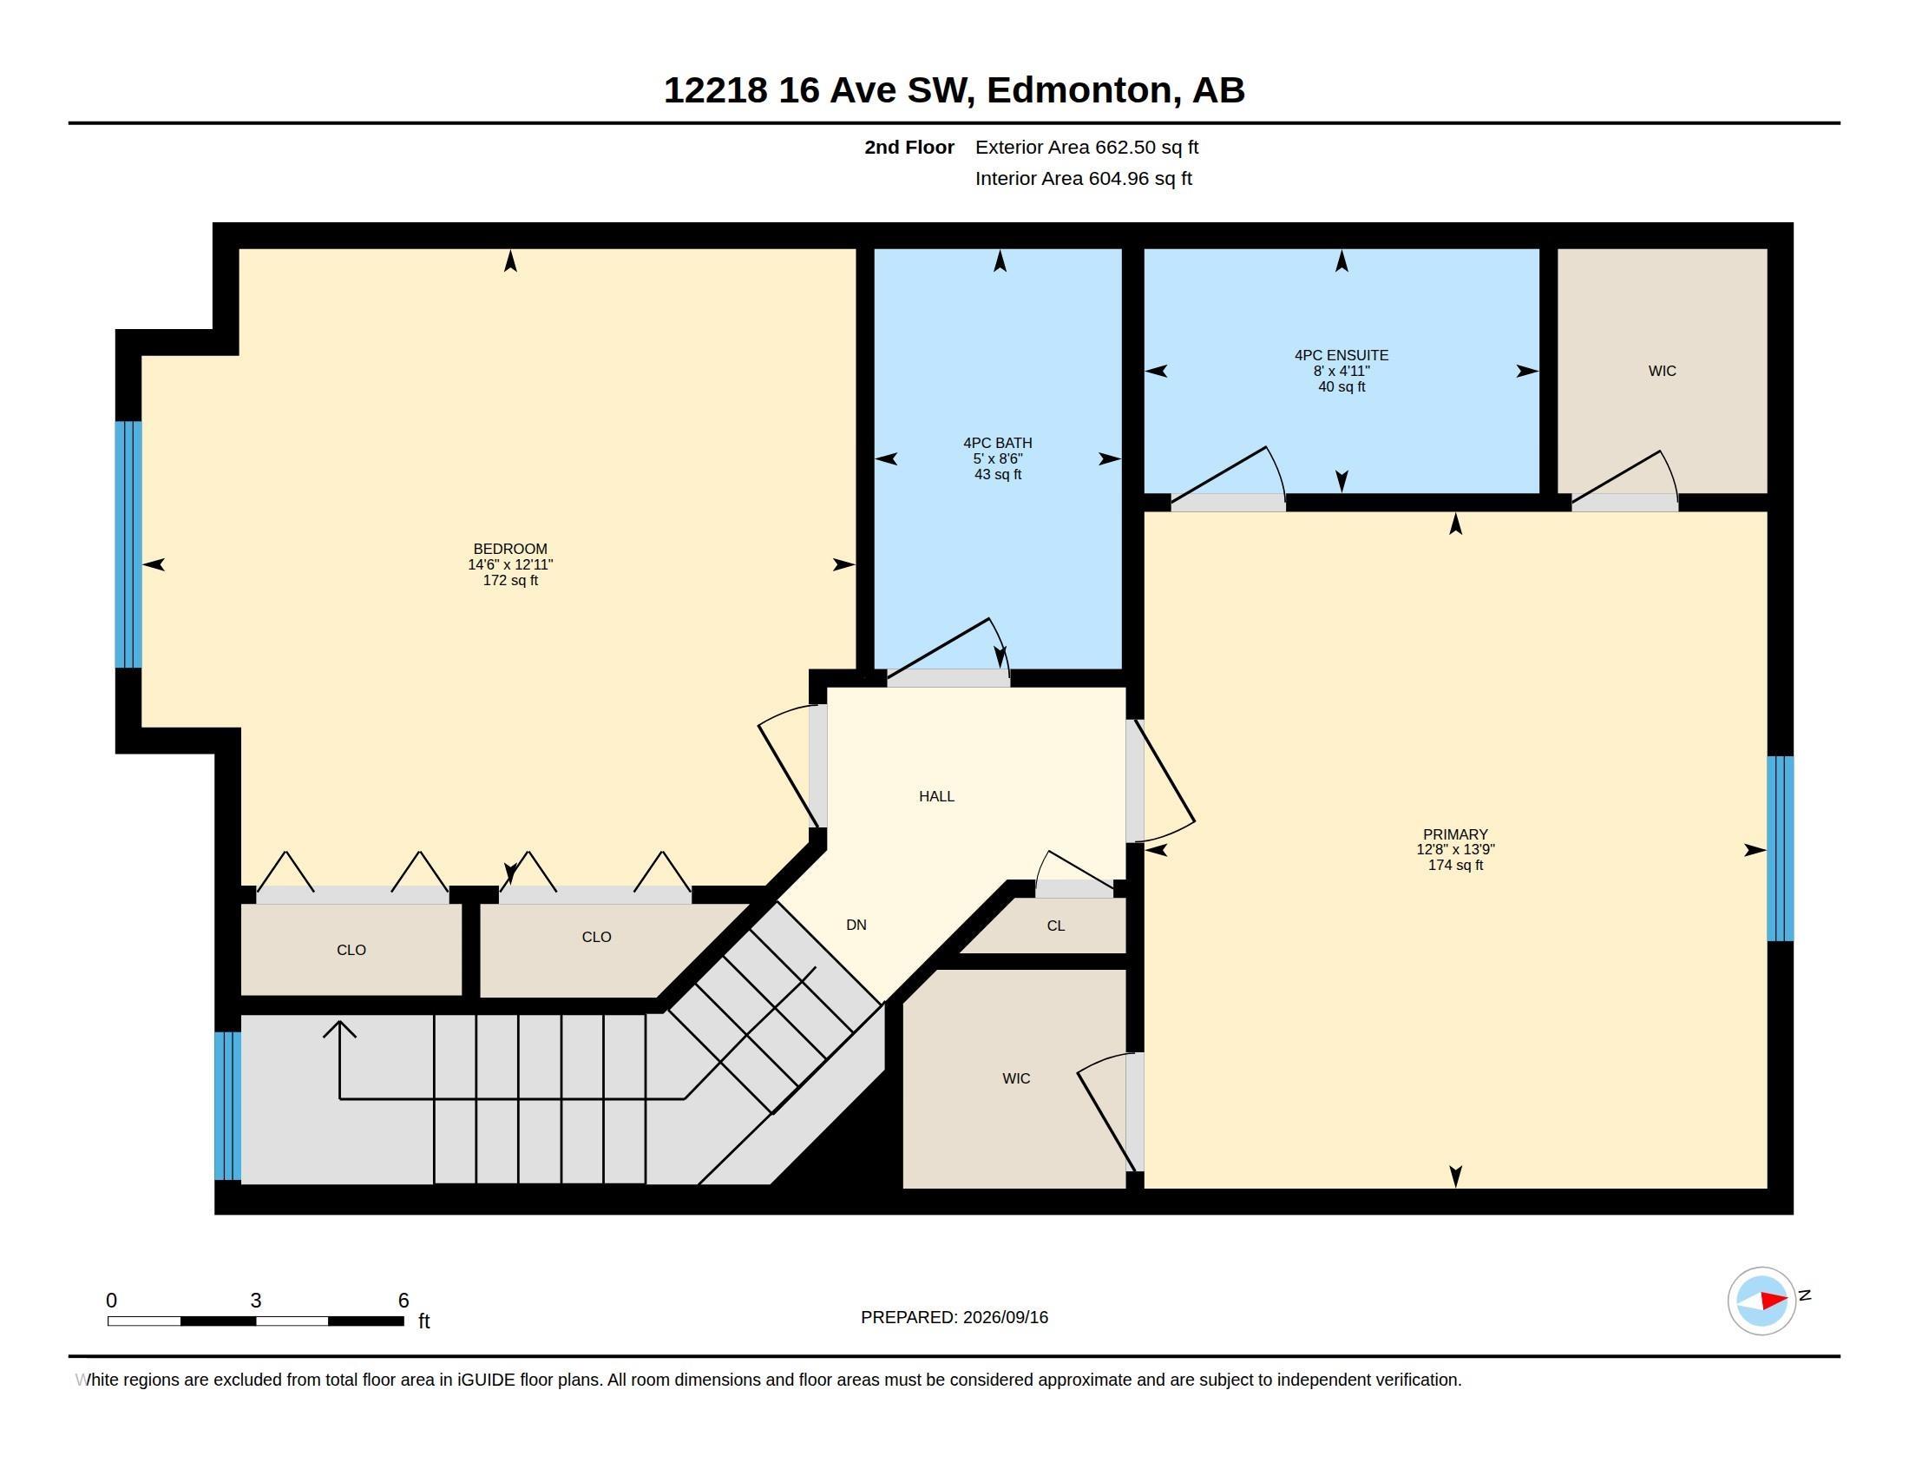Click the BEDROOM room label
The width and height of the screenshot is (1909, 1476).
pyautogui.click(x=510, y=549)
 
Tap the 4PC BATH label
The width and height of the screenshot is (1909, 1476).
pyautogui.click(x=997, y=444)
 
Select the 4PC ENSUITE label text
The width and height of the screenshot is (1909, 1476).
pyautogui.click(x=1341, y=355)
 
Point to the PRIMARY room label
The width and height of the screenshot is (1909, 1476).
pyautogui.click(x=1455, y=834)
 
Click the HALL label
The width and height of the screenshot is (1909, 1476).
pyautogui.click(x=936, y=796)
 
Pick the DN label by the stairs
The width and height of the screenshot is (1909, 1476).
pyautogui.click(x=856, y=926)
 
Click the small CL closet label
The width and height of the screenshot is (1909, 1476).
pyautogui.click(x=1056, y=926)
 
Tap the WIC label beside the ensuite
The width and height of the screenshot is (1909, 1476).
pyautogui.click(x=1662, y=371)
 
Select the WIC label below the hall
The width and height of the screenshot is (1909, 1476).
pyautogui.click(x=1016, y=1079)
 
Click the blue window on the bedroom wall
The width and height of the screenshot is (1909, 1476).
pyautogui.click(x=128, y=544)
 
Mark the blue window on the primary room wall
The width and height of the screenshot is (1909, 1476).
pyautogui.click(x=1781, y=848)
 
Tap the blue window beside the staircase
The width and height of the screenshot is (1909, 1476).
pyautogui.click(x=227, y=1106)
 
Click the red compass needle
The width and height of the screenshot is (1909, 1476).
pyautogui.click(x=1774, y=1301)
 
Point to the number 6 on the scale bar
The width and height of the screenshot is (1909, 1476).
pyautogui.click(x=403, y=1301)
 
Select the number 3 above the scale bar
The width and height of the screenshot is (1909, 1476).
pyautogui.click(x=255, y=1301)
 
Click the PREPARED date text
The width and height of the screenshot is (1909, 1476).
pyautogui.click(x=954, y=1318)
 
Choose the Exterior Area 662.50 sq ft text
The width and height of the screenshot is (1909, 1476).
pyautogui.click(x=1086, y=148)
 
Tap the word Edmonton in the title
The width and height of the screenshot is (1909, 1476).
pyautogui.click(x=1079, y=90)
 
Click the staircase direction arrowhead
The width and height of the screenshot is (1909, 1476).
pyautogui.click(x=339, y=1030)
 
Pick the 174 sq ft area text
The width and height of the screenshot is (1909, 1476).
pyautogui.click(x=1455, y=866)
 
